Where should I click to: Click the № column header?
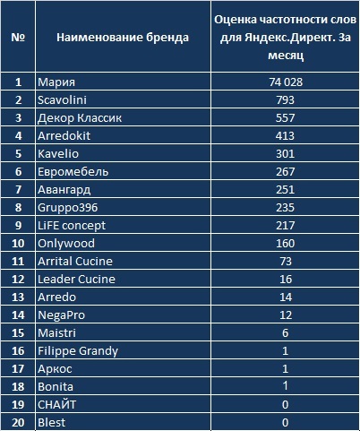(x=18, y=38)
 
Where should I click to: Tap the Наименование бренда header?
(x=123, y=38)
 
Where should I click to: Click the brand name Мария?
(x=56, y=82)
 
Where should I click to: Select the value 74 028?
(x=286, y=82)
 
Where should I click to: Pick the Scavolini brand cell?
(x=62, y=99)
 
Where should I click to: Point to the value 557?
(x=285, y=117)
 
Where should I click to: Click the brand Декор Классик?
(x=80, y=118)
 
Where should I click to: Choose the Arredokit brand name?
(x=64, y=136)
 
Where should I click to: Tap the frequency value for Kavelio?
(x=285, y=154)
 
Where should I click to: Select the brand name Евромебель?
(x=73, y=172)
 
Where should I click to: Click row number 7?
(x=18, y=190)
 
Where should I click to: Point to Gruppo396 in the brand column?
(x=68, y=208)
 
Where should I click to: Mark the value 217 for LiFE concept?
(x=285, y=226)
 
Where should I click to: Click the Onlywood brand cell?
(x=66, y=244)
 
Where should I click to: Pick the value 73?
(x=286, y=262)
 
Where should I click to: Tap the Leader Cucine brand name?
(x=76, y=280)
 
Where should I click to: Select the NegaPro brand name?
(x=62, y=315)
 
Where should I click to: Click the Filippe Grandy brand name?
(x=78, y=351)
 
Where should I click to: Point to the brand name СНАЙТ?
(x=57, y=405)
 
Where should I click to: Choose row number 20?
(x=18, y=423)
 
